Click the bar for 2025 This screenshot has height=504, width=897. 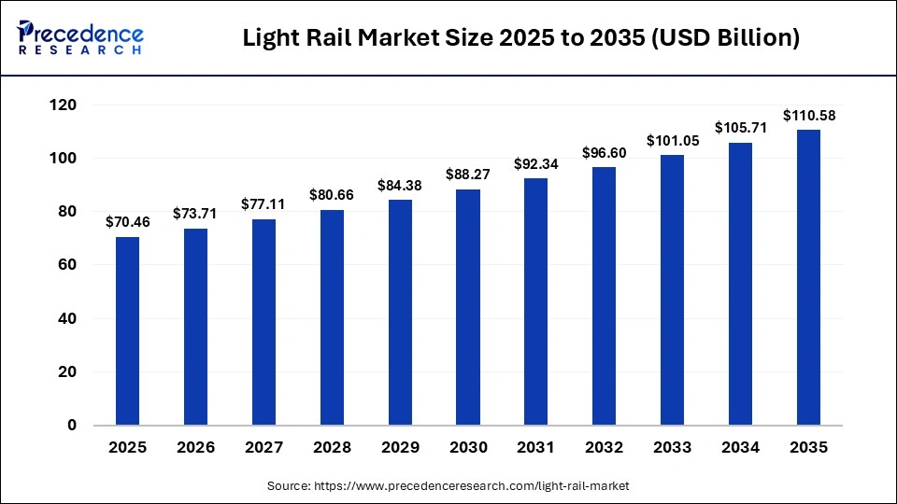[x=127, y=331]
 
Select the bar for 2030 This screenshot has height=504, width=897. [x=467, y=307]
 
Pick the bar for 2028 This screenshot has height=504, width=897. [x=332, y=317]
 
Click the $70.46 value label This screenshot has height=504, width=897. [x=127, y=222]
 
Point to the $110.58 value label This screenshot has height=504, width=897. [x=808, y=115]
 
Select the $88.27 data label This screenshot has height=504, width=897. [x=467, y=175]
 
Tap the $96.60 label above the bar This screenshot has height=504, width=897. [x=604, y=152]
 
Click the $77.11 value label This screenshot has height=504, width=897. [x=263, y=204]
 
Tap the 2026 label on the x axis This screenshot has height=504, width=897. [x=195, y=448]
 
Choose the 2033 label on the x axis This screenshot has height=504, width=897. [x=672, y=448]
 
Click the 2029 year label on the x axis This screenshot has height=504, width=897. [x=400, y=448]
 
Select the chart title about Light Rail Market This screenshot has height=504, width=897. [x=520, y=38]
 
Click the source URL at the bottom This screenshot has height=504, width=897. [x=448, y=485]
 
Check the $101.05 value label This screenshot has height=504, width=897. [x=672, y=140]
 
